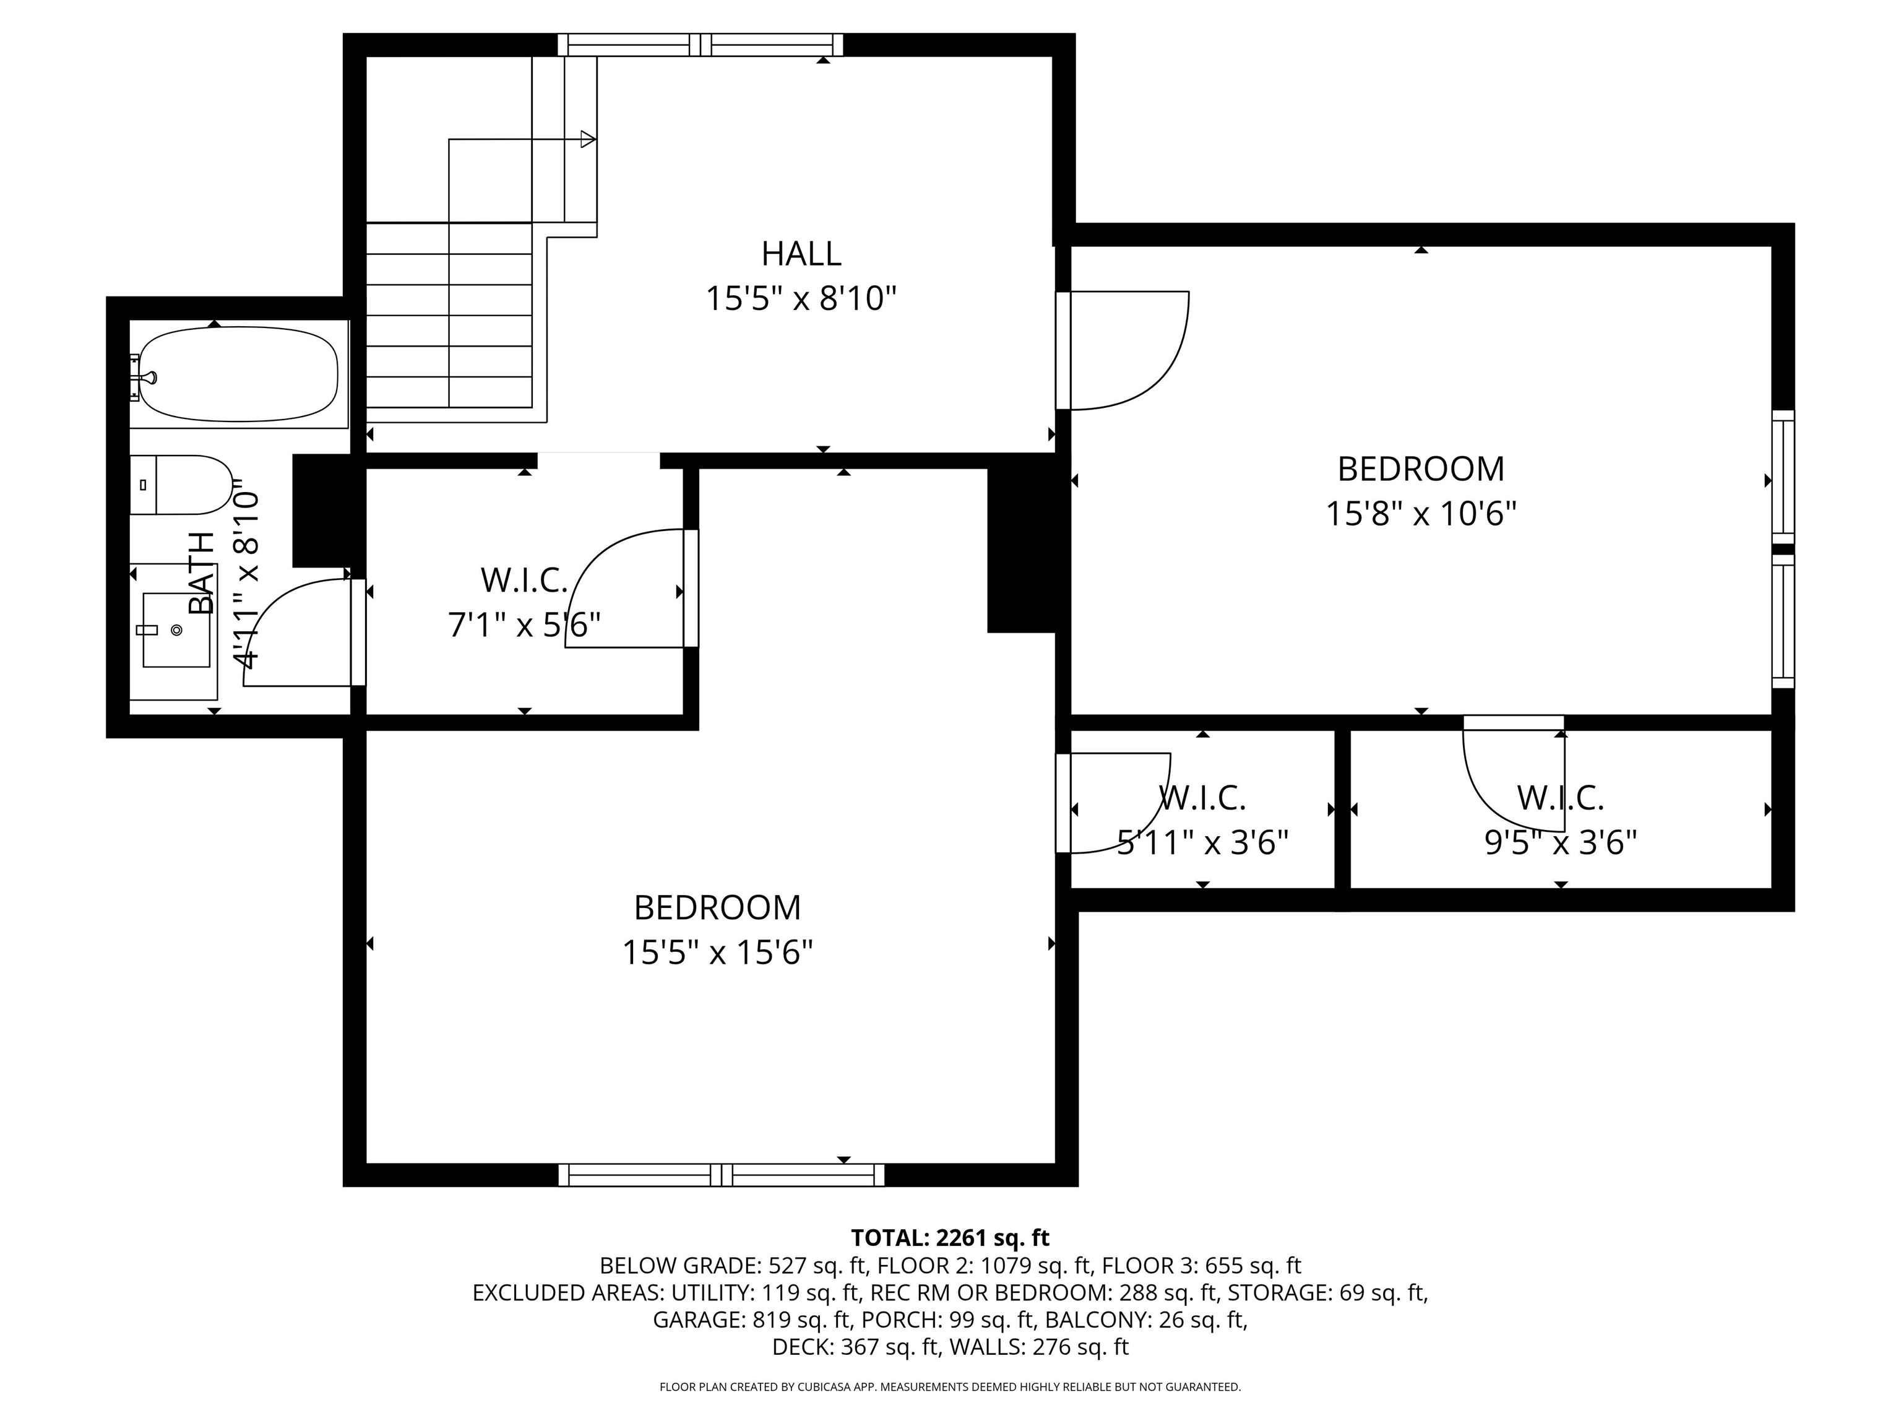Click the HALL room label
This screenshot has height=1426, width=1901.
tap(801, 254)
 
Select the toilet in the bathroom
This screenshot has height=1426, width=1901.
tap(181, 485)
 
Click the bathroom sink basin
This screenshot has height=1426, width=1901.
tap(176, 630)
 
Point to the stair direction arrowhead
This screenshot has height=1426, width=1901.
tap(588, 139)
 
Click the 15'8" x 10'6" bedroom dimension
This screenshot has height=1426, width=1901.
tap(1421, 514)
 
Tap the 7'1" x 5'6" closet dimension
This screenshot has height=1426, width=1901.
tap(524, 625)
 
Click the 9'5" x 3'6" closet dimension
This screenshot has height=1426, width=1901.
tap(1561, 843)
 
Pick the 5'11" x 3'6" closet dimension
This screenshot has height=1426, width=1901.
tap(1202, 843)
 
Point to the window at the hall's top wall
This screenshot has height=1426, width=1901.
tap(700, 45)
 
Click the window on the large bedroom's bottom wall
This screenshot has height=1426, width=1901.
tap(721, 1175)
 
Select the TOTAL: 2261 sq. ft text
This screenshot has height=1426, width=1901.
tap(950, 1238)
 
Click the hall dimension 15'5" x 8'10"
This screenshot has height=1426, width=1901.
tap(801, 299)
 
